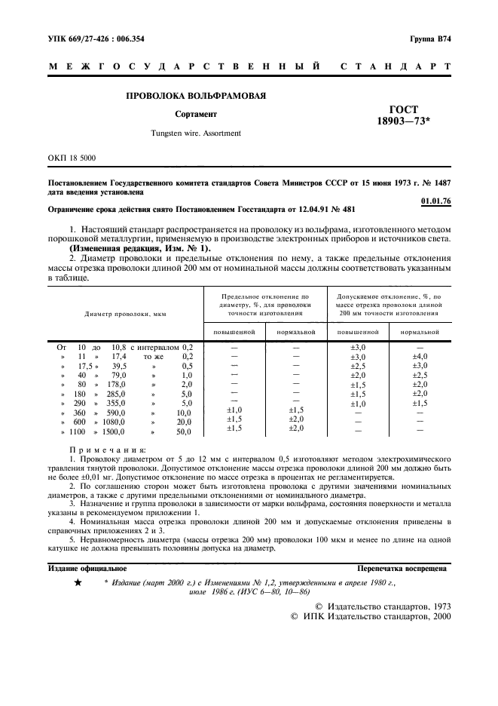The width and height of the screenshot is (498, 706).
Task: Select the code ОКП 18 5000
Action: pyautogui.click(x=72, y=158)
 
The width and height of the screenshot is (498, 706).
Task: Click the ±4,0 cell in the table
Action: pyautogui.click(x=420, y=356)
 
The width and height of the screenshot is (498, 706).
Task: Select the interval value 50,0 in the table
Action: pyautogui.click(x=183, y=432)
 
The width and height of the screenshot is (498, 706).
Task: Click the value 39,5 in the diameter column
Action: pyautogui.click(x=118, y=365)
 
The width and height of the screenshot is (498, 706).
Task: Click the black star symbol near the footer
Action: pyautogui.click(x=78, y=584)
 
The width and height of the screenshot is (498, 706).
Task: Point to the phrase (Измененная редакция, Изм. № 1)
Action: pyautogui.click(x=140, y=247)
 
